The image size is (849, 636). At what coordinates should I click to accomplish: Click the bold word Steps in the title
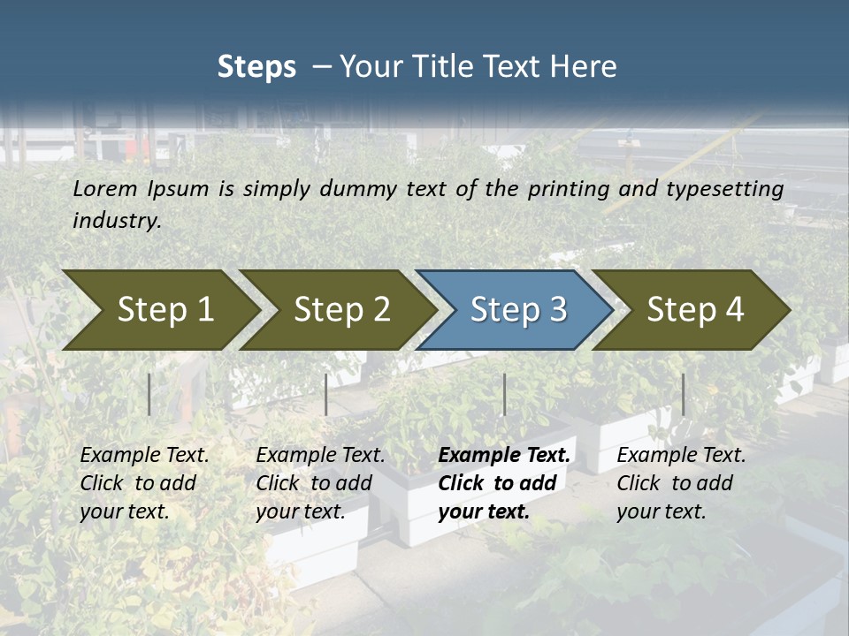coord(256,66)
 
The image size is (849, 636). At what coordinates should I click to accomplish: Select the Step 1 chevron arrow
coord(164,309)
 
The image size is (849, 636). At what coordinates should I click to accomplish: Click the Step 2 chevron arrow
coord(341,309)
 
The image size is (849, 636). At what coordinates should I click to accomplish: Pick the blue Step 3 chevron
coord(517,309)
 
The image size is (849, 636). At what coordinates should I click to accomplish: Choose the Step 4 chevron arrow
coord(695,309)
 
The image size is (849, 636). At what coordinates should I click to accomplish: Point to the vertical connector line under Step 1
coord(149,394)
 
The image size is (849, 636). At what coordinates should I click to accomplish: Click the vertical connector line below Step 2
coord(326,394)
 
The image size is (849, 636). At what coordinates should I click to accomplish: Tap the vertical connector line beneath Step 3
coord(504,394)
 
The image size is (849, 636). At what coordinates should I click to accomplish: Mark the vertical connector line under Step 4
coord(683,394)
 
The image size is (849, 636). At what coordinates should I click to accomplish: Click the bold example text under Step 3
coord(504,483)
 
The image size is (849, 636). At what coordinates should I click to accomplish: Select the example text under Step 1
coord(144,483)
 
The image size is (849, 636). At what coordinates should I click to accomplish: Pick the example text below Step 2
coord(320,483)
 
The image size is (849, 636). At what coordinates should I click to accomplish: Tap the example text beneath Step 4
coord(681,483)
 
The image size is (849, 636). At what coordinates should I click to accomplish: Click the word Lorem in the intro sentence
coord(105,188)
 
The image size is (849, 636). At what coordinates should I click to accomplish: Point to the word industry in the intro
coord(116,221)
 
